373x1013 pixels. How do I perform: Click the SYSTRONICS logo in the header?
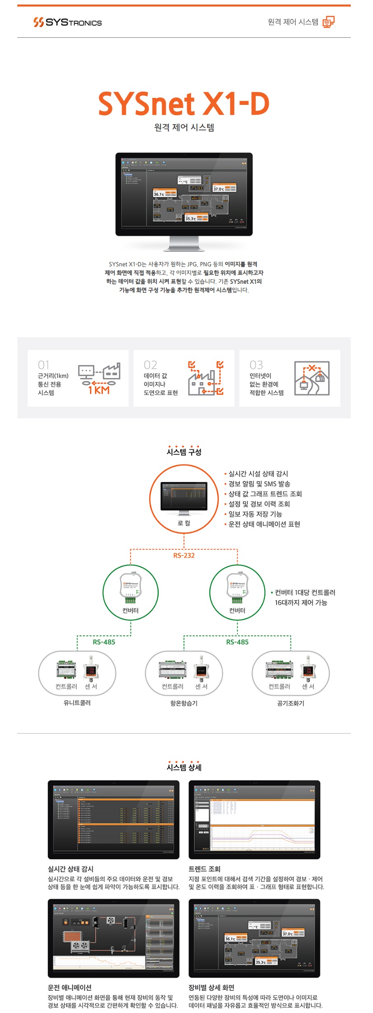click(x=68, y=22)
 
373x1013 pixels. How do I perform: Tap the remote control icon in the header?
click(x=328, y=22)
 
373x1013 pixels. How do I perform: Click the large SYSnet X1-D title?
click(x=184, y=103)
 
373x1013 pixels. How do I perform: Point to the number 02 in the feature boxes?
click(x=150, y=365)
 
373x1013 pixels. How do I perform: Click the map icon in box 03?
click(x=312, y=378)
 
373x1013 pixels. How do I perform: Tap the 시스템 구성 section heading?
click(x=184, y=452)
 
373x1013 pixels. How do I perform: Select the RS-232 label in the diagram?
click(x=184, y=556)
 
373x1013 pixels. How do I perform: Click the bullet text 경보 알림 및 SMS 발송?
click(x=259, y=484)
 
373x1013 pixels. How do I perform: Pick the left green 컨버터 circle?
click(x=131, y=592)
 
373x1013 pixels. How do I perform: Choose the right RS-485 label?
click(x=237, y=642)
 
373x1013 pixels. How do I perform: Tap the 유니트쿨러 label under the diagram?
click(x=77, y=703)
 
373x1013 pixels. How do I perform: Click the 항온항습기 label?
click(x=184, y=703)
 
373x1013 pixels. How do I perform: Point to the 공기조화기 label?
click(x=291, y=703)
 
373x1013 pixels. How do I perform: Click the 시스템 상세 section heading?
click(x=184, y=767)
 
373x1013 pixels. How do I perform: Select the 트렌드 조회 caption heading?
click(x=205, y=869)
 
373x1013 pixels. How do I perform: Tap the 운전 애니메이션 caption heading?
click(x=70, y=988)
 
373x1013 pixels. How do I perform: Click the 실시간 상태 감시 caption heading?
click(x=70, y=869)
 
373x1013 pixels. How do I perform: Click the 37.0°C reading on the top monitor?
click(x=218, y=189)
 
